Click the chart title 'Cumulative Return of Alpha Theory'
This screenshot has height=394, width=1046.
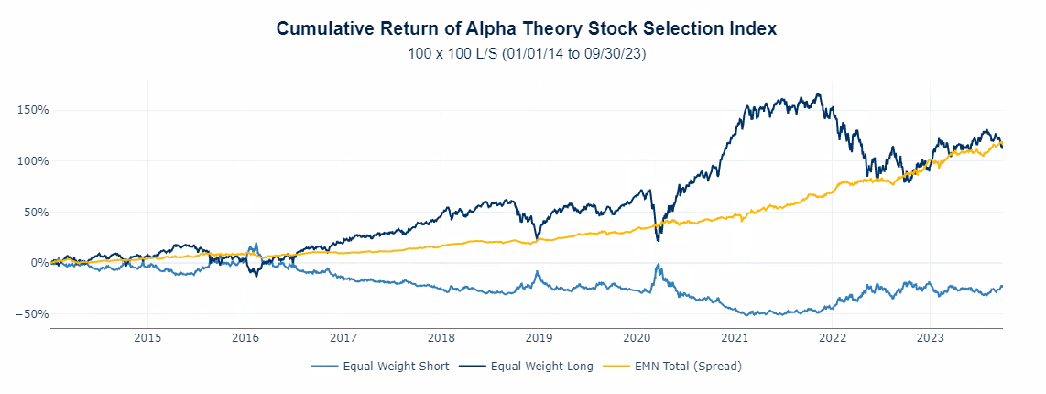tap(526, 29)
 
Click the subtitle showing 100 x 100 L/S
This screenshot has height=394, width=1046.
tap(527, 55)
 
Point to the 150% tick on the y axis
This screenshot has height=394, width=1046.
tap(33, 110)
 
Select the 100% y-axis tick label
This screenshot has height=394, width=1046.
tap(33, 161)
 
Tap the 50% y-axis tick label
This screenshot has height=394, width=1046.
tap(36, 212)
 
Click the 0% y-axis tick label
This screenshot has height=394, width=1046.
tap(38, 263)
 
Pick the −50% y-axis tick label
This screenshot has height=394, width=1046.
tap(33, 314)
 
